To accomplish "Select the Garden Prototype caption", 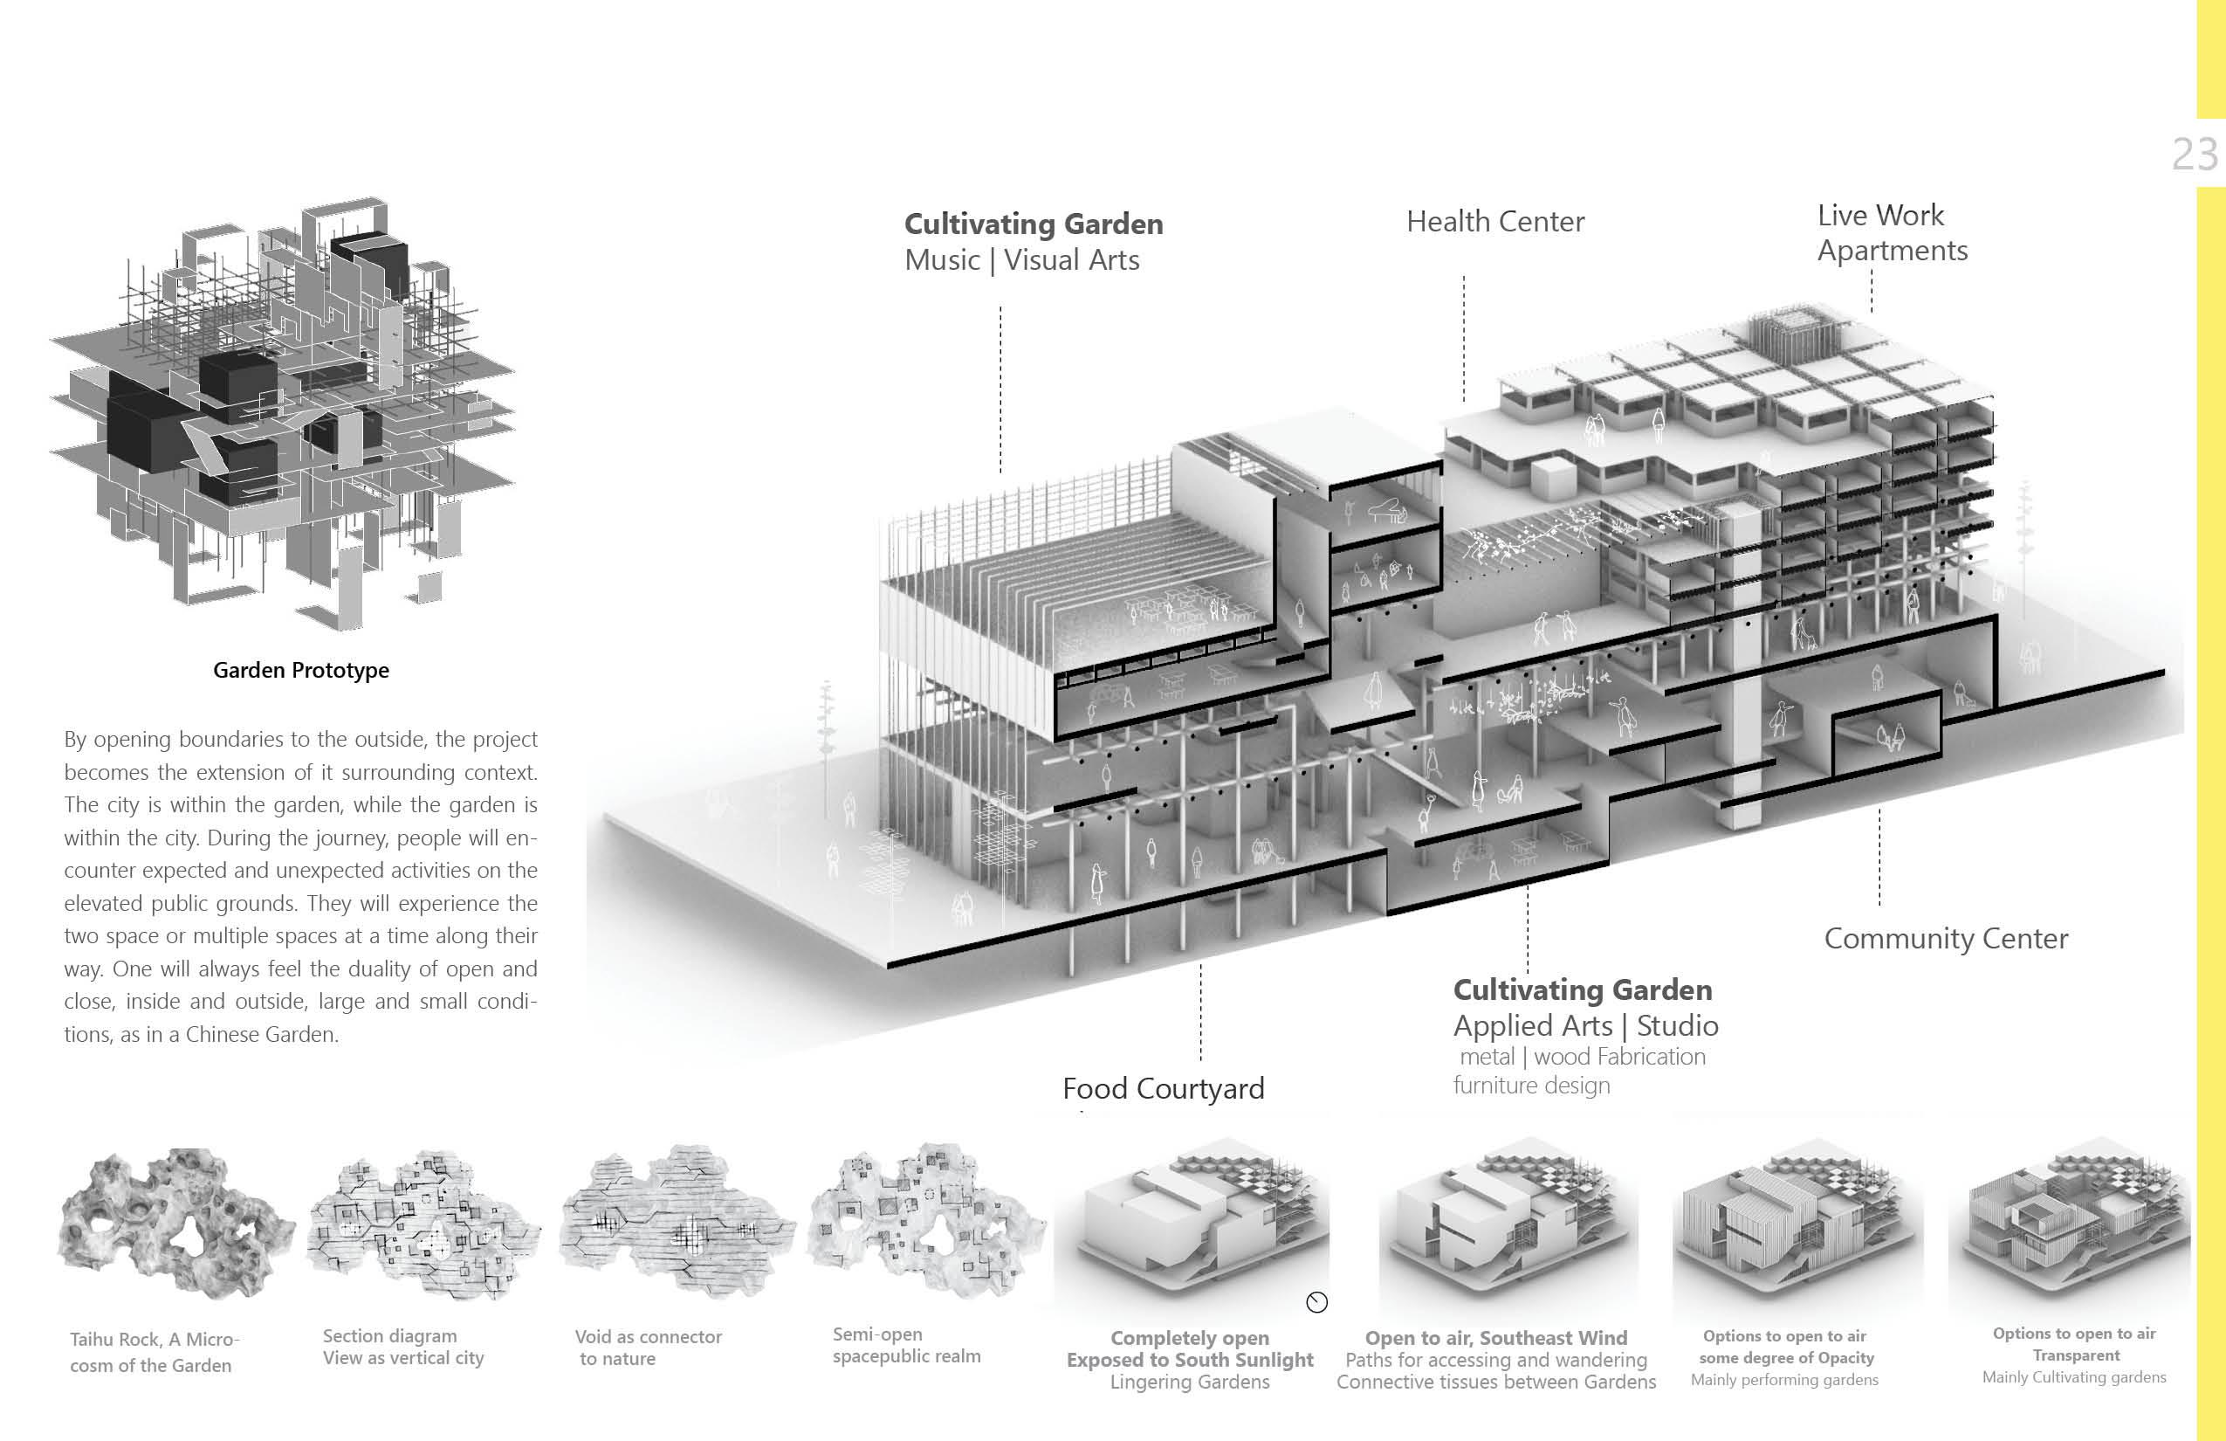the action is pos(300,670).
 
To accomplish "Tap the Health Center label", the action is pos(1494,222).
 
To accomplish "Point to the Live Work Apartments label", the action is pos(1891,233).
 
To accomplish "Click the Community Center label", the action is pos(1946,939).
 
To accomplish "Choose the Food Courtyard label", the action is pos(1163,1088).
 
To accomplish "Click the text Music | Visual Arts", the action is pos(1021,260).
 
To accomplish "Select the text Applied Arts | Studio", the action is pos(1585,1025).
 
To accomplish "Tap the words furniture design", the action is pos(1531,1086).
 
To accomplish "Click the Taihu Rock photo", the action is pos(175,1224).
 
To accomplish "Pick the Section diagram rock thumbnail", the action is pos(423,1224).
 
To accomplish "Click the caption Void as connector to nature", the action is pos(647,1348).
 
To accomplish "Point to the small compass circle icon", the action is pos(1316,1301).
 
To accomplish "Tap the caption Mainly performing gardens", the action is pos(1783,1380).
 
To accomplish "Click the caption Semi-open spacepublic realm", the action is pos(905,1346).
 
